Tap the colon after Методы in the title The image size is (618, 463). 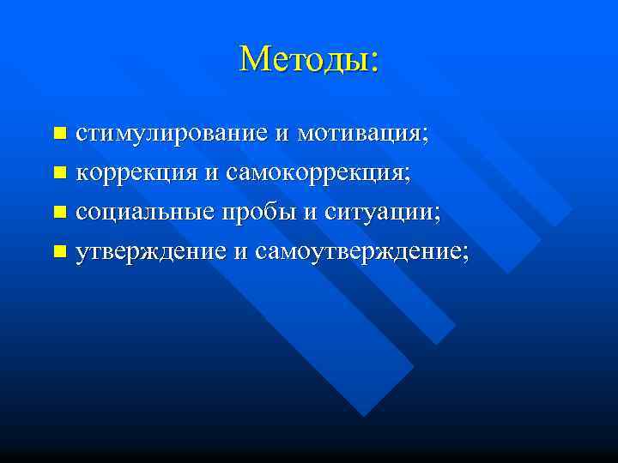coord(373,62)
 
